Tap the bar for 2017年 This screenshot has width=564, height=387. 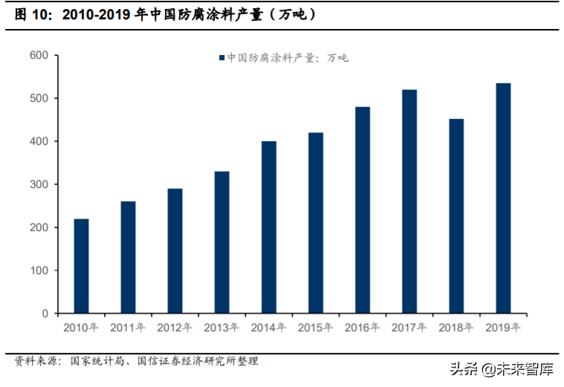coord(409,201)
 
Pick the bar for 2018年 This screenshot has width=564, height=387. coord(456,216)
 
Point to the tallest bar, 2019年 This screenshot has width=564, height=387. coord(503,198)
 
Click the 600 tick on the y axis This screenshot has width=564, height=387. coord(39,56)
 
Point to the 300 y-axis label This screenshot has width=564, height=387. coord(39,184)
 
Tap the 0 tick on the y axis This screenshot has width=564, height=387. coord(45,313)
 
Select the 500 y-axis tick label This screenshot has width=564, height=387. coord(39,99)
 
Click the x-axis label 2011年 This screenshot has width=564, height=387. coord(128,328)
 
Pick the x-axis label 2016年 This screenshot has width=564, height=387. coord(362,328)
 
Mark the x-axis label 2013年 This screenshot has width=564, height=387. coord(221,328)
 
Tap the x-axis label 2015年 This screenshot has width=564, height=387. coord(315,328)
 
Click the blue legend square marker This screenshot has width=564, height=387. coord(221,58)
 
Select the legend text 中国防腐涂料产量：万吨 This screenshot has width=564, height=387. coord(287,58)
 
